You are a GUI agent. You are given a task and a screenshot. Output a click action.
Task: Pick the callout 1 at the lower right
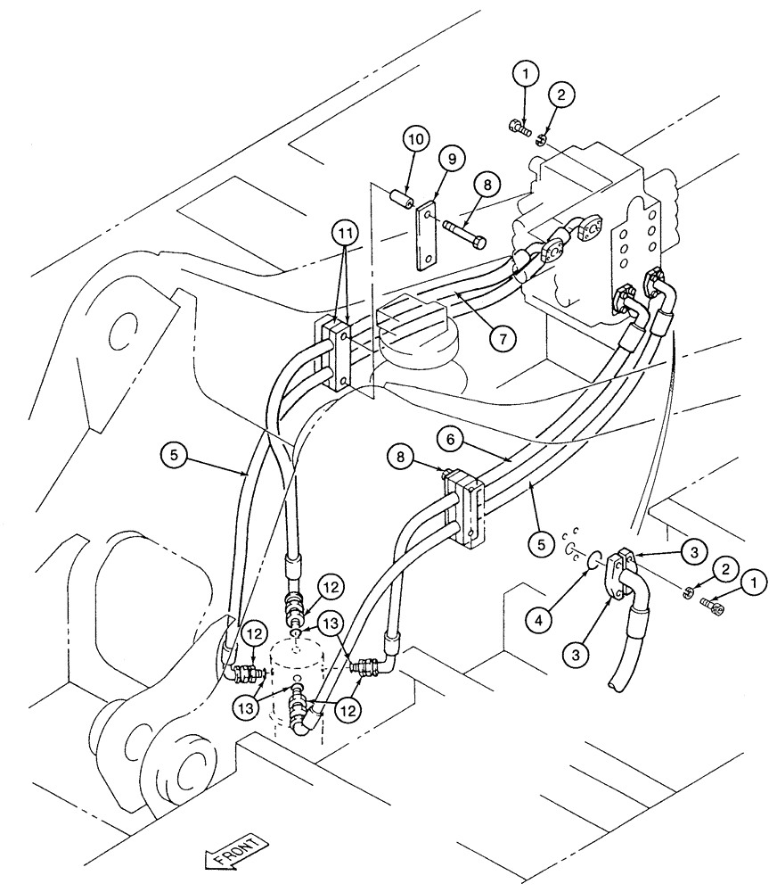(x=754, y=584)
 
